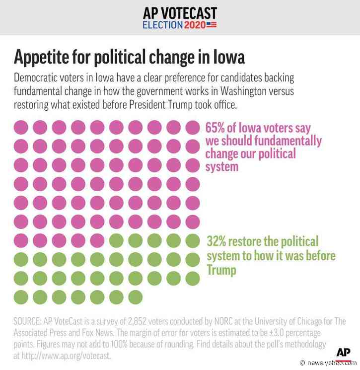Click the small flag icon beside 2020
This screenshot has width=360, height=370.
pyautogui.click(x=212, y=24)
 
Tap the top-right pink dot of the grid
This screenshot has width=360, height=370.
pyautogui.click(x=192, y=127)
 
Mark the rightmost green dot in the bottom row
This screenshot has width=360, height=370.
pyautogui.click(x=135, y=297)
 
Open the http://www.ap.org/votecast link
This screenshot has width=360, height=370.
pyautogui.click(x=61, y=355)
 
